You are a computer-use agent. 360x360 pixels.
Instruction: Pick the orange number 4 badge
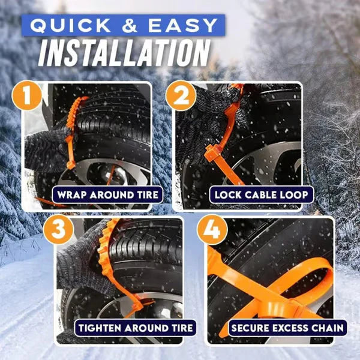pyautogui.click(x=211, y=229)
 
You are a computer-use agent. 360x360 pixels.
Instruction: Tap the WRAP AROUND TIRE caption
pyautogui.click(x=108, y=194)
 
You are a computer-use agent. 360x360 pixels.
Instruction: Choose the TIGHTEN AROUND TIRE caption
pyautogui.click(x=136, y=328)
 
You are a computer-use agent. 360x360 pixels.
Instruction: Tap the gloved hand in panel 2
pyautogui.click(x=201, y=117)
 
